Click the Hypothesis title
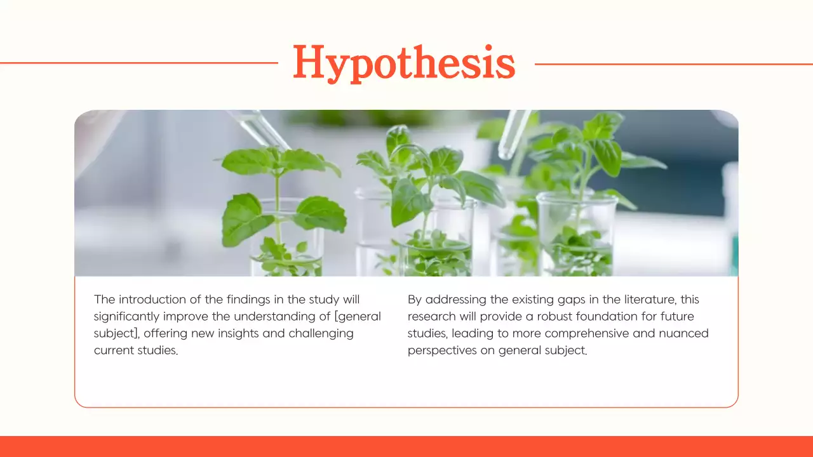pyautogui.click(x=404, y=63)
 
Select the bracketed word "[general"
pyautogui.click(x=358, y=316)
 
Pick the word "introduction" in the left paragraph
pyautogui.click(x=151, y=299)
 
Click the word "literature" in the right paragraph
pyautogui.click(x=642, y=299)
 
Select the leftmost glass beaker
pyautogui.click(x=287, y=238)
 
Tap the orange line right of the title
pyautogui.click(x=673, y=63)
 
